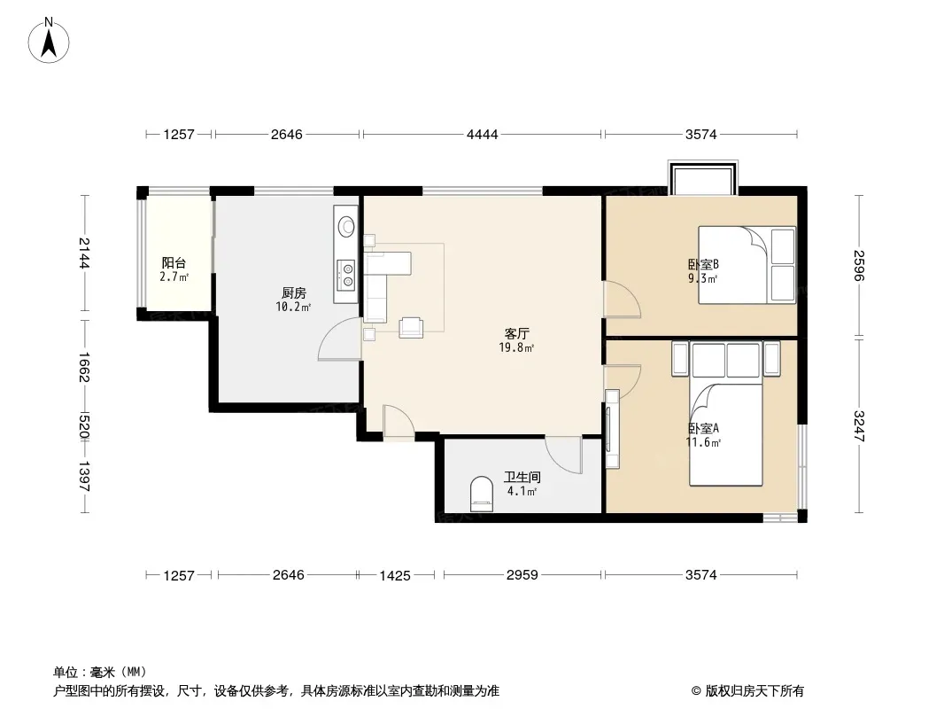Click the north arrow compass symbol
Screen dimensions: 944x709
(x=49, y=41)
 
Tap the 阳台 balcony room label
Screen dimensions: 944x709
(x=174, y=262)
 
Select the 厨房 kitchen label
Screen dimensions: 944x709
(x=294, y=293)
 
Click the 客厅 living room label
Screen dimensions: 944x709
(x=516, y=334)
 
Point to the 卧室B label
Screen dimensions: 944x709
(x=703, y=264)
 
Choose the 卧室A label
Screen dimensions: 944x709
(x=703, y=428)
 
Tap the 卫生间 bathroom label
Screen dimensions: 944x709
(x=522, y=477)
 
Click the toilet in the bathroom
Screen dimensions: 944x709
(x=481, y=494)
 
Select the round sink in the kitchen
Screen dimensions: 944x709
(x=347, y=226)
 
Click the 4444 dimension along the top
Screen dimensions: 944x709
(x=483, y=135)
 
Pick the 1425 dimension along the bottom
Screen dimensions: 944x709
(x=395, y=575)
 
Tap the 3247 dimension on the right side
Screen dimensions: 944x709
(x=858, y=426)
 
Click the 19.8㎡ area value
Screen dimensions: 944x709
(x=516, y=347)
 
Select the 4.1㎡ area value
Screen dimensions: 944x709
(x=522, y=491)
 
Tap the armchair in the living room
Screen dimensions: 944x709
(x=411, y=326)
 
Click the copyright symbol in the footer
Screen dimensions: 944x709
(x=696, y=691)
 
